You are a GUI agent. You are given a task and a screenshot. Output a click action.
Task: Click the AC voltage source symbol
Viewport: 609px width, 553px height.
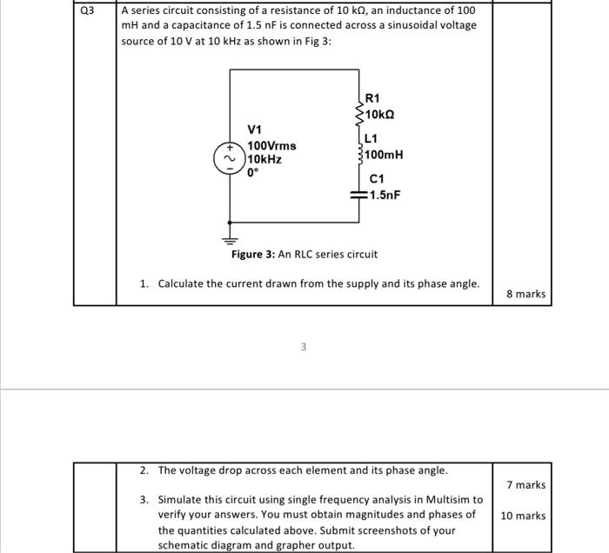[230, 160]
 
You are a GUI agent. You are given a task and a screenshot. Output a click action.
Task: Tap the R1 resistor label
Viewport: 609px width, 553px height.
[372, 99]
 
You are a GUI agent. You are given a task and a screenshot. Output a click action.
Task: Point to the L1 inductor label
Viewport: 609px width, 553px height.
[371, 138]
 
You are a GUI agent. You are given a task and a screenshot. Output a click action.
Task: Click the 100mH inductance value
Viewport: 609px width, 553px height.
[385, 155]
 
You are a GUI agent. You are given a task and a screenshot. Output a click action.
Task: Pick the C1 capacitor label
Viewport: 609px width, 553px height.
[377, 179]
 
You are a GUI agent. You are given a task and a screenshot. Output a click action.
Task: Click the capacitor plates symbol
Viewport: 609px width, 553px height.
[357, 195]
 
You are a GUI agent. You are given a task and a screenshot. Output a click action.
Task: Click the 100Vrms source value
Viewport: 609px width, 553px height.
[271, 146]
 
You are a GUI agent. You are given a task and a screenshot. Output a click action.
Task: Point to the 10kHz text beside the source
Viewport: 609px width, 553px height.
[264, 160]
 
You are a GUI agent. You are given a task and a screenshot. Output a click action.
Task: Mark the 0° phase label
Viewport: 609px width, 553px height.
[254, 174]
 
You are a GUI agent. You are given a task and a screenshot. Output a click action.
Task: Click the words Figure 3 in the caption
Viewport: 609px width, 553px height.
[252, 255]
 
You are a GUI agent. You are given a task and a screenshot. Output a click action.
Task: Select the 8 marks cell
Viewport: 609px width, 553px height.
[525, 294]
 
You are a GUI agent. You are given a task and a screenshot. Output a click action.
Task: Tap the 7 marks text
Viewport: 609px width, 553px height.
[525, 484]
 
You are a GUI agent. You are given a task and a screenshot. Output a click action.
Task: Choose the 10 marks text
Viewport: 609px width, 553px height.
[523, 516]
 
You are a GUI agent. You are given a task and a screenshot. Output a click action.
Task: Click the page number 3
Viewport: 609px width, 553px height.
[304, 348]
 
